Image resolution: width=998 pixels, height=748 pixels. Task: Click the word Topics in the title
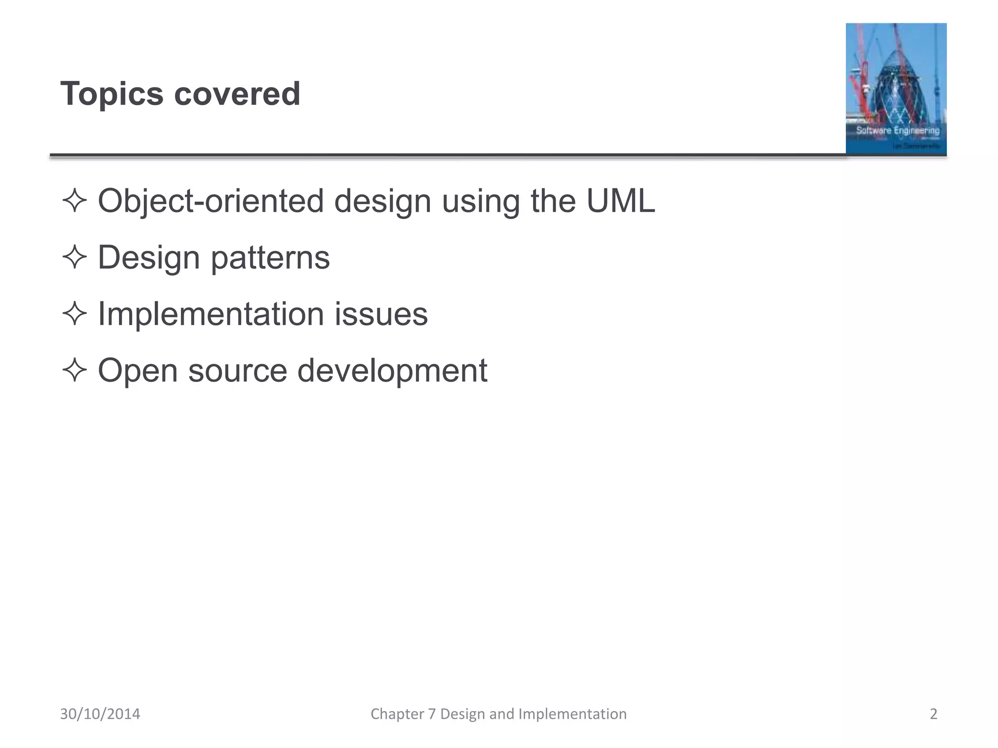(x=112, y=94)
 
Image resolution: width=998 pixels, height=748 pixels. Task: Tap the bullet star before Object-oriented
(x=75, y=201)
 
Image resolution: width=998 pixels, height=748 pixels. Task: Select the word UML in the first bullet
(x=620, y=201)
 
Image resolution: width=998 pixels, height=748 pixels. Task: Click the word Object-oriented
(x=211, y=202)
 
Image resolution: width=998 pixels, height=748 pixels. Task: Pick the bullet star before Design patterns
(x=75, y=257)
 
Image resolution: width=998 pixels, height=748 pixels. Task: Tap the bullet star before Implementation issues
(x=75, y=314)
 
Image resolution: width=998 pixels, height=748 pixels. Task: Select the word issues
(x=381, y=314)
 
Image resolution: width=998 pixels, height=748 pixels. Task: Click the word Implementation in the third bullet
(x=211, y=314)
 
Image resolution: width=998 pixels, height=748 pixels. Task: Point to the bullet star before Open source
(x=75, y=370)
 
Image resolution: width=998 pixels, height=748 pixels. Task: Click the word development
(x=392, y=371)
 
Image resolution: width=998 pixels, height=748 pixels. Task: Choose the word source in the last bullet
(x=238, y=371)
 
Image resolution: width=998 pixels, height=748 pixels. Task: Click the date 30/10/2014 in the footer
(x=100, y=714)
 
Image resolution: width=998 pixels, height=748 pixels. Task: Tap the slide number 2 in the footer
(x=933, y=714)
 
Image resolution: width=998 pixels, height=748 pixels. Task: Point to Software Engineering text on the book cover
(x=898, y=131)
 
